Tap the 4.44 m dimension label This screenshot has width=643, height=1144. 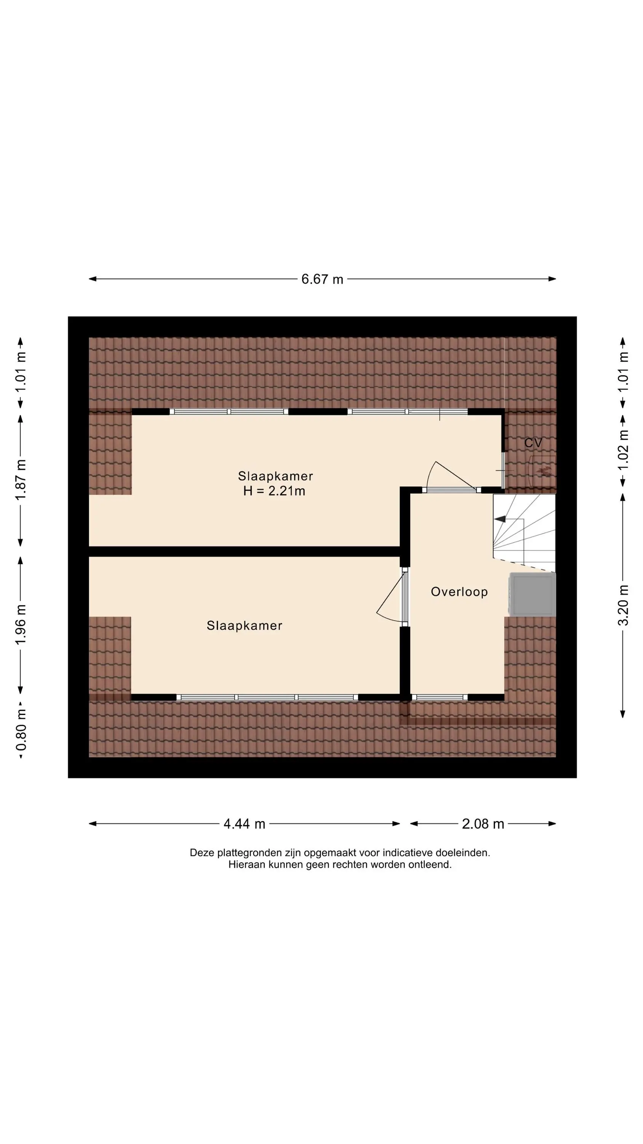[245, 824]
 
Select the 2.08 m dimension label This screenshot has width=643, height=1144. [483, 824]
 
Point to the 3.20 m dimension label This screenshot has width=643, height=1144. [624, 605]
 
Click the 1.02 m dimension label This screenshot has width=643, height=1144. [624, 450]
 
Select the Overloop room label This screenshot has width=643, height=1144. [459, 591]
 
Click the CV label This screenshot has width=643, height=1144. [533, 443]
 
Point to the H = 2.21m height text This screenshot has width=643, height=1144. [274, 491]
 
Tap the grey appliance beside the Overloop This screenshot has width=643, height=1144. [533, 594]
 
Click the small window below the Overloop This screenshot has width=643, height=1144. [440, 697]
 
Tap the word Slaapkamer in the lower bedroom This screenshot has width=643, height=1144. [245, 625]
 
